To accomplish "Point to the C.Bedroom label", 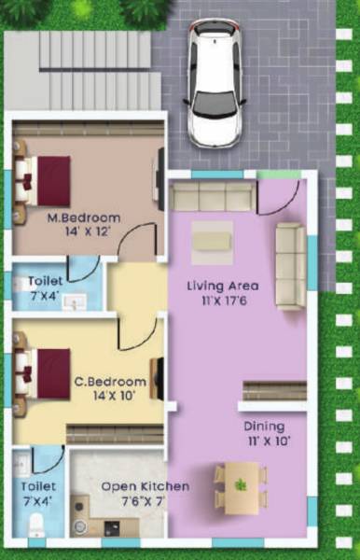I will [x=110, y=381].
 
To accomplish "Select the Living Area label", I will [x=223, y=286].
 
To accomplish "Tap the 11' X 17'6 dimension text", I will [x=223, y=301].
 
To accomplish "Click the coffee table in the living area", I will [x=213, y=239].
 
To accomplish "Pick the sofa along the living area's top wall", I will [x=213, y=197].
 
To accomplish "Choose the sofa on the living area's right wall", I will [x=290, y=266].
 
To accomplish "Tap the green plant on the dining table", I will [x=242, y=483].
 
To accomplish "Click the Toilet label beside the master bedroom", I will [x=46, y=280].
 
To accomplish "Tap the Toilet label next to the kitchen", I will [x=38, y=486].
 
